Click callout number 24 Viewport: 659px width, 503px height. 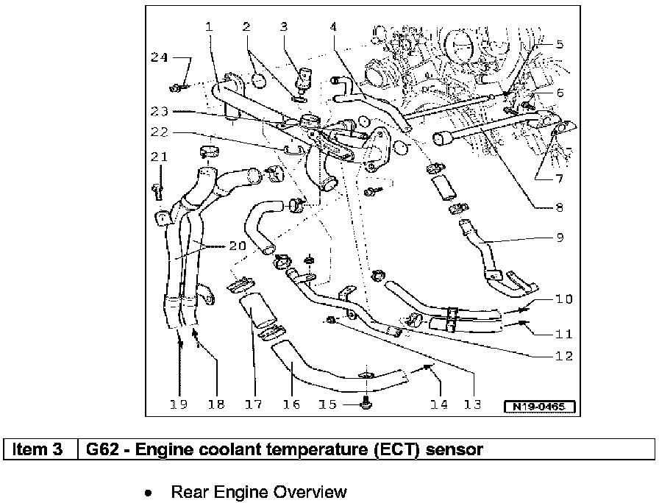coord(160,57)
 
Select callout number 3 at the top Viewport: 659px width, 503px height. coord(283,27)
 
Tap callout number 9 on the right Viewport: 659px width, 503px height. coord(559,238)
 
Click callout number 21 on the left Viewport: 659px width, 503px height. coord(160,157)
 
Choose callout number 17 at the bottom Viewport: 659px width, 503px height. coord(254,404)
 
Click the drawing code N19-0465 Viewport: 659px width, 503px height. coord(538,407)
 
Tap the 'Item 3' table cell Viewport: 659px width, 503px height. coord(41,449)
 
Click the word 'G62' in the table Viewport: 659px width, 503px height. coord(102,449)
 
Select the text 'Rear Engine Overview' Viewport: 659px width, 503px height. coord(258,491)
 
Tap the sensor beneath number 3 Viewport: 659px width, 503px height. coord(302,77)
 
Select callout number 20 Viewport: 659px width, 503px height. coord(236,247)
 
